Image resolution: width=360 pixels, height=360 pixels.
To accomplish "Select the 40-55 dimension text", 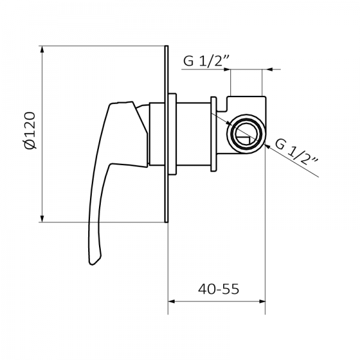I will pos(218,289).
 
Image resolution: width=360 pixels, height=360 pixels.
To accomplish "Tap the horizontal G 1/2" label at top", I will pos(206,61).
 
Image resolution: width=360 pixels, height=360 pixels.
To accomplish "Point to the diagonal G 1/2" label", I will pos(296,152).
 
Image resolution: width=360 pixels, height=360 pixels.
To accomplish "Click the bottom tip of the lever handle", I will pos(94,259).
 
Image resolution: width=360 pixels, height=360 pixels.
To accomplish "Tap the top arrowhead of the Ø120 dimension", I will pos(43,49).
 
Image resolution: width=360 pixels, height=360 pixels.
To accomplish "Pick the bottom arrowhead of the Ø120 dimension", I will pos(43,218).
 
